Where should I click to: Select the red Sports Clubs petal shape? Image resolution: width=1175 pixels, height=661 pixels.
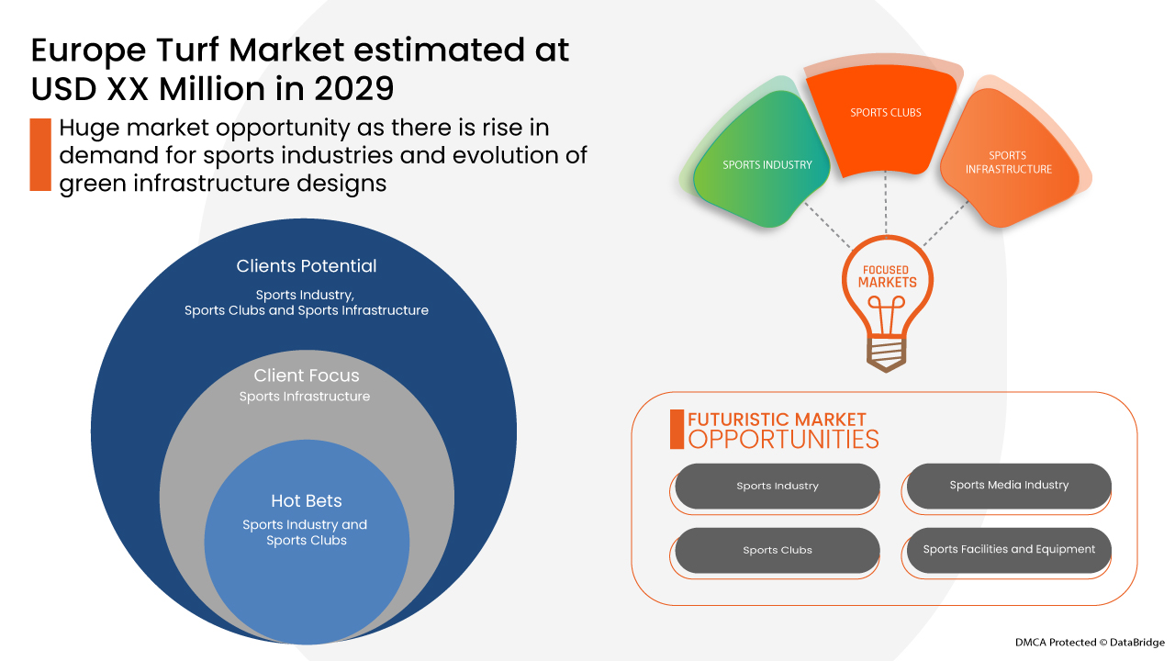(x=885, y=119)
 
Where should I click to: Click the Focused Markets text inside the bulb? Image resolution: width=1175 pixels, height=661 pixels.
(x=887, y=276)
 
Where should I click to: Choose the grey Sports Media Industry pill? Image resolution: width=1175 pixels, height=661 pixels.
(x=1009, y=486)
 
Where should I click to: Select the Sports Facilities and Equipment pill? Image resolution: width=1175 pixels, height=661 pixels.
(x=1009, y=550)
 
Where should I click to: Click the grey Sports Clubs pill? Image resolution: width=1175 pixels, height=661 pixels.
(x=778, y=551)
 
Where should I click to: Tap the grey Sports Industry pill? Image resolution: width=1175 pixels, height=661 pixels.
(x=778, y=487)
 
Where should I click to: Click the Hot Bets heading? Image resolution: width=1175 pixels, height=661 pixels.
(x=306, y=501)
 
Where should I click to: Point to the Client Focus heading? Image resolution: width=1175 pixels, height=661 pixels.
(x=307, y=375)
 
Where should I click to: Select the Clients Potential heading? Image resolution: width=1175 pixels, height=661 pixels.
(x=307, y=266)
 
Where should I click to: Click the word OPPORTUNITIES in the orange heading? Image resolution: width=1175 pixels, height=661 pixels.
(x=783, y=439)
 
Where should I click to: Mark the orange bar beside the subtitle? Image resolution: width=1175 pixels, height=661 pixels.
(x=39, y=154)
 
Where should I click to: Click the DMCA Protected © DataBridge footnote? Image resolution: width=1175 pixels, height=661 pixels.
(x=1090, y=642)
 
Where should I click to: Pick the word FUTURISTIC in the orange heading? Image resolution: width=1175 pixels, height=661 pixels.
(x=742, y=420)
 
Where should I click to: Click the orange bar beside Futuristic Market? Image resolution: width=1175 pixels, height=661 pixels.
(x=677, y=430)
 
